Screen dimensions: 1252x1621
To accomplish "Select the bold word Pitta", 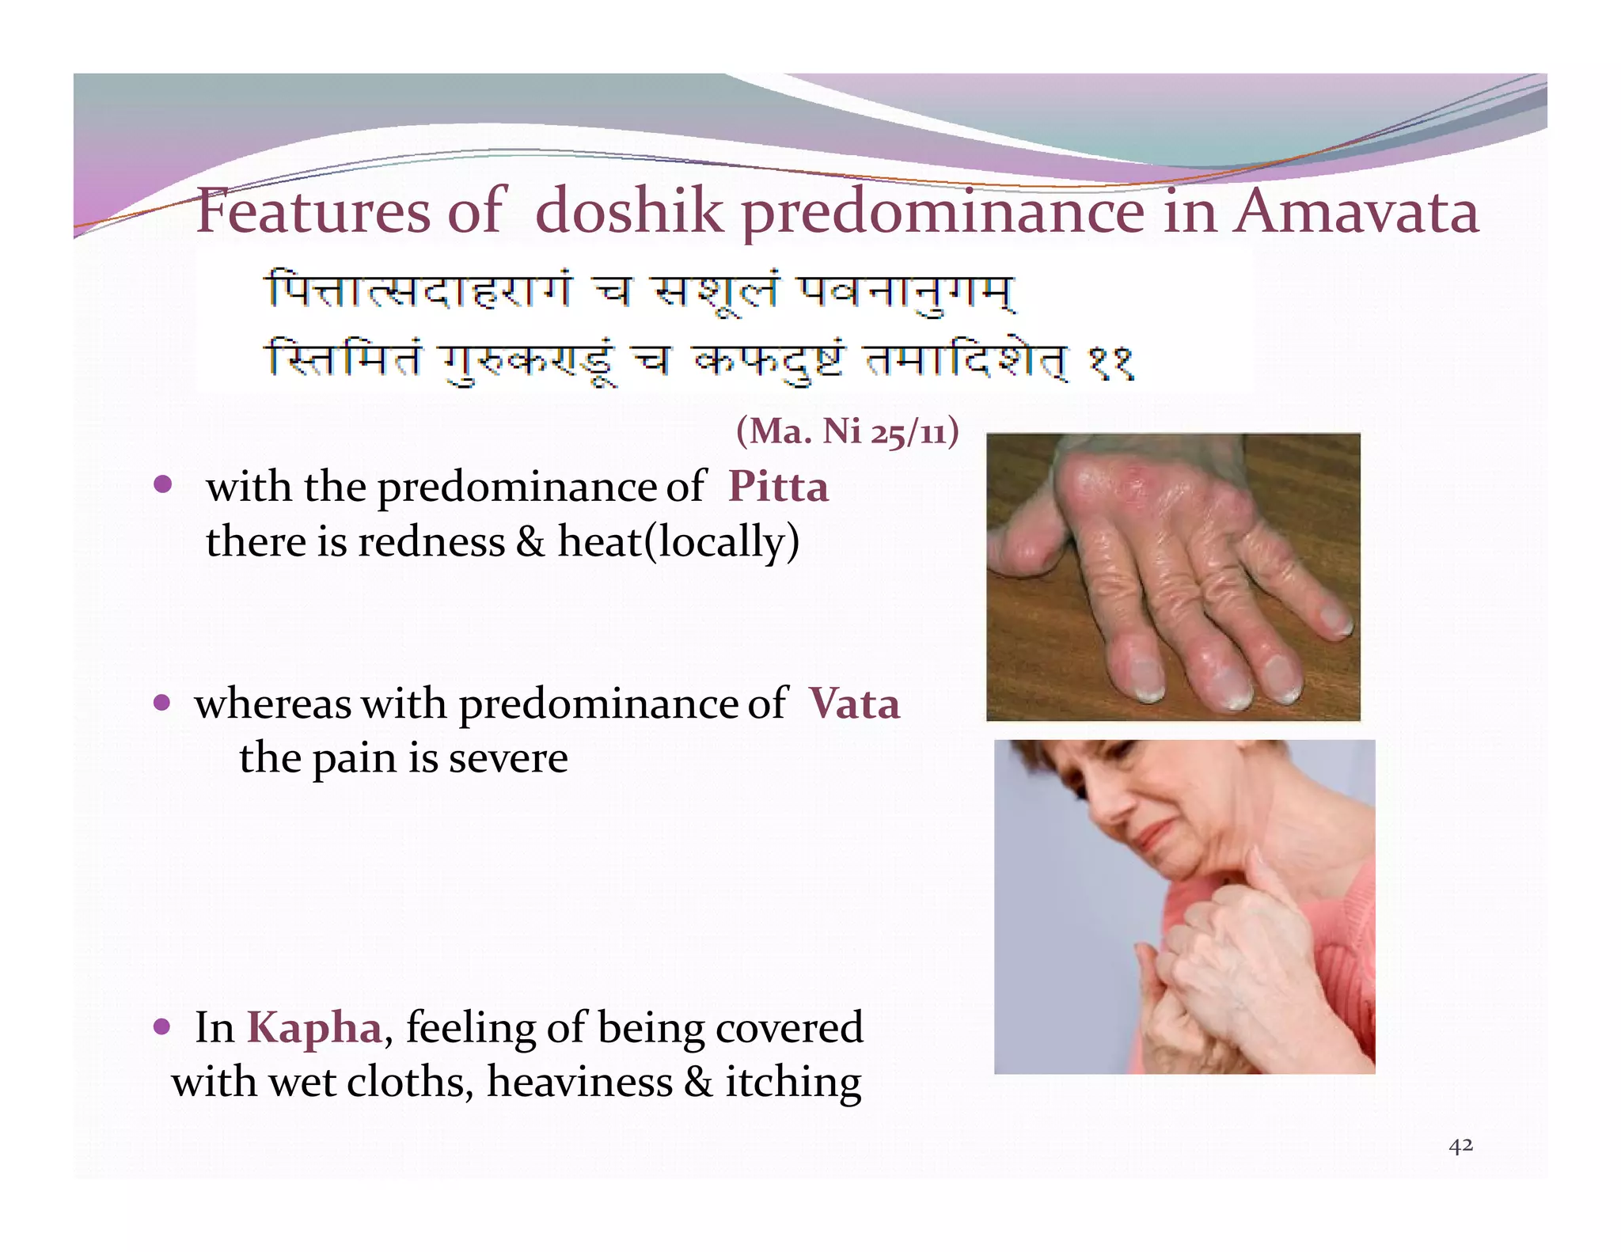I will click(778, 486).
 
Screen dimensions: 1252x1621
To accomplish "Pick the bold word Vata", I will click(854, 704).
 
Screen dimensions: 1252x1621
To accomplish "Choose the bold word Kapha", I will click(314, 1028).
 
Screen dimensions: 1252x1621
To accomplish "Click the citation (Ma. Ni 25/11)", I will click(847, 432).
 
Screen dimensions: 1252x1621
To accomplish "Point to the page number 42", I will click(1460, 1145).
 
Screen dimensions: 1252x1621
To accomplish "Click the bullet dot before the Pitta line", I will click(163, 484).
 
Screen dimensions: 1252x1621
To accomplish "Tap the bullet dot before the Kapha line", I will click(162, 1027).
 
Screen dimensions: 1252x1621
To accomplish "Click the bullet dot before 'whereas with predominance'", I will click(162, 703).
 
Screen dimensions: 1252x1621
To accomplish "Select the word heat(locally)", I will click(678, 543).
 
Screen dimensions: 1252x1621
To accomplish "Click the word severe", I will click(508, 759).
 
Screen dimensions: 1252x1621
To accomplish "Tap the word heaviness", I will click(579, 1083).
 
